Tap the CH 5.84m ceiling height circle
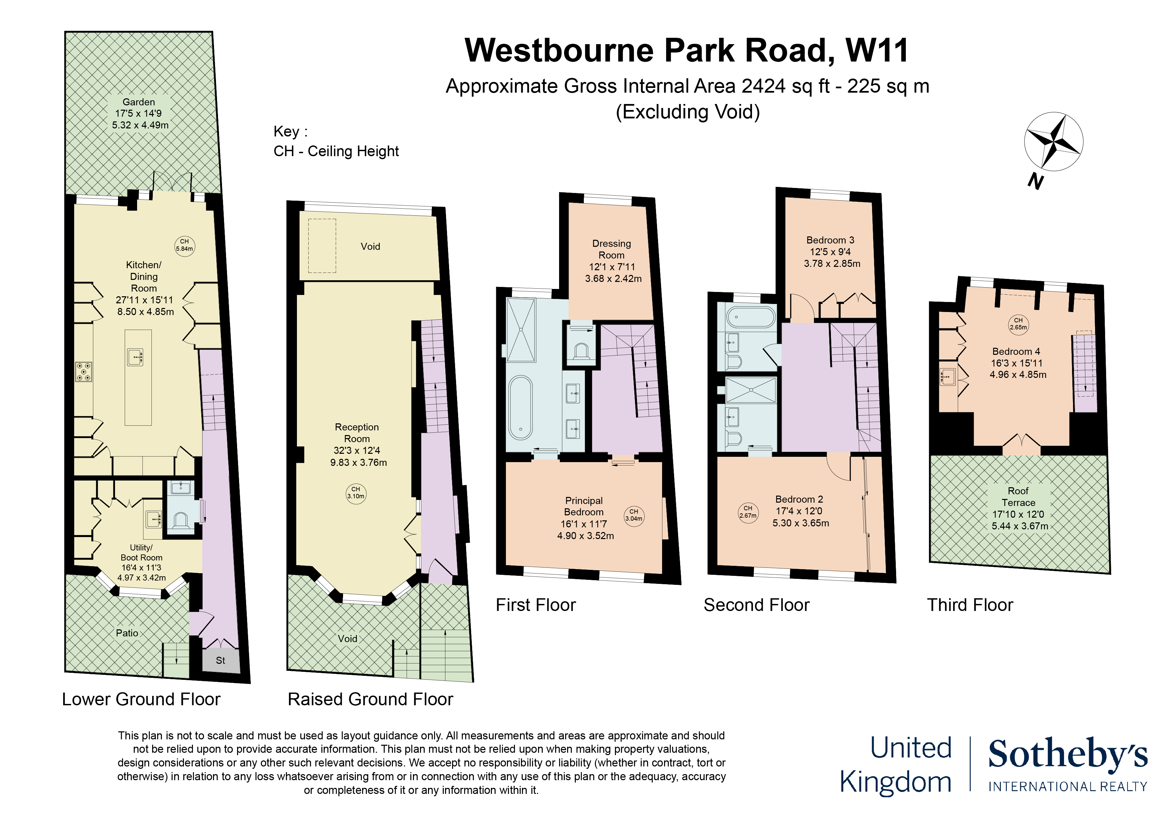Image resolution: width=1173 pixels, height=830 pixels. [x=185, y=246]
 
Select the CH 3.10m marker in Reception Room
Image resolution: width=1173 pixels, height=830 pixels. [x=356, y=494]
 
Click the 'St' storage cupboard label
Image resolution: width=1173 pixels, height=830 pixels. [x=220, y=660]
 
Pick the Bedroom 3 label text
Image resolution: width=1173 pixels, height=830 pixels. [x=830, y=240]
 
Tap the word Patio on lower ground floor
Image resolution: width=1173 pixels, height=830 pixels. [x=127, y=633]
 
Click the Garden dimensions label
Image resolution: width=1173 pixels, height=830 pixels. [x=140, y=119]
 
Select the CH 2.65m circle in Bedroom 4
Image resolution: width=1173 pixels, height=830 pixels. [x=1018, y=324]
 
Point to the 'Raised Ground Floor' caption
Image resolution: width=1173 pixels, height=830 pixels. [x=370, y=699]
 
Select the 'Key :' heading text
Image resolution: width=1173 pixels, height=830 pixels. [x=291, y=132]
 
